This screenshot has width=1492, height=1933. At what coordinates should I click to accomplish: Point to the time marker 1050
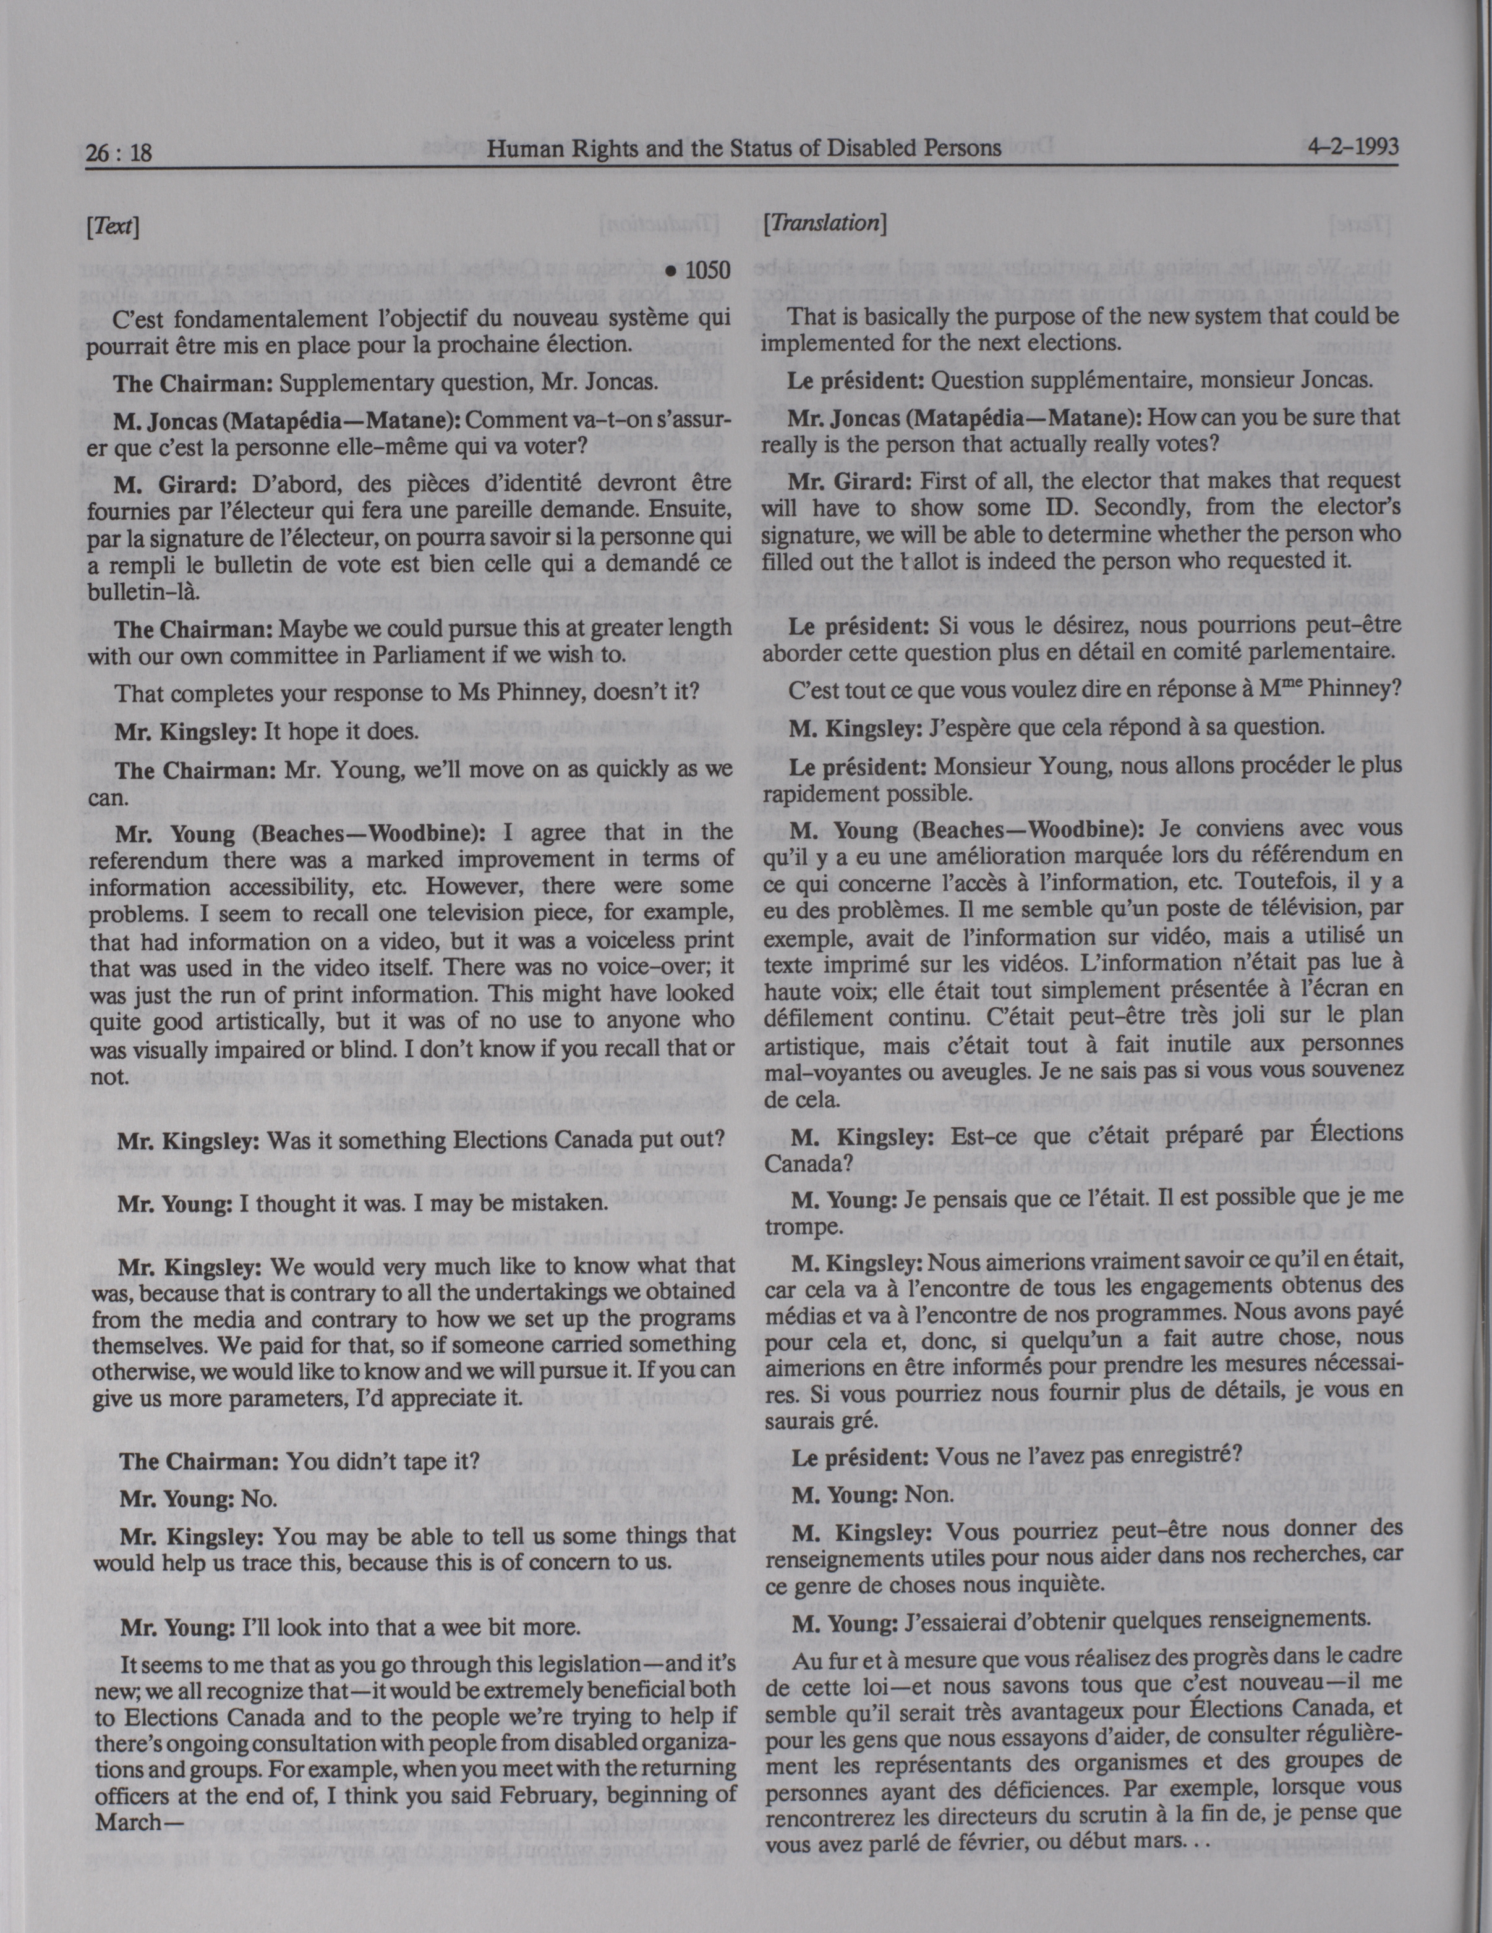coord(699,270)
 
